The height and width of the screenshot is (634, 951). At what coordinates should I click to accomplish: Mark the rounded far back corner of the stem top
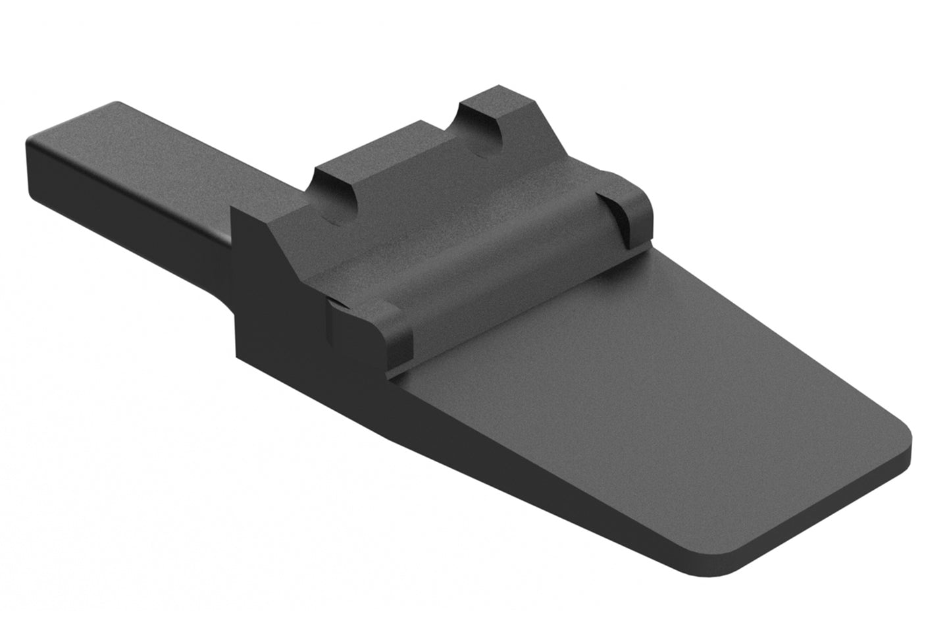pos(117,104)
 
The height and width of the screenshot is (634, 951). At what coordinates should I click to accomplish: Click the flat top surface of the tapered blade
pos(658,395)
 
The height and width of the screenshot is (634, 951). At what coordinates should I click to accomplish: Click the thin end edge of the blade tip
pos(829,520)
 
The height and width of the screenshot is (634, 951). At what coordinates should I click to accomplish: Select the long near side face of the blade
pos(527,474)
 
